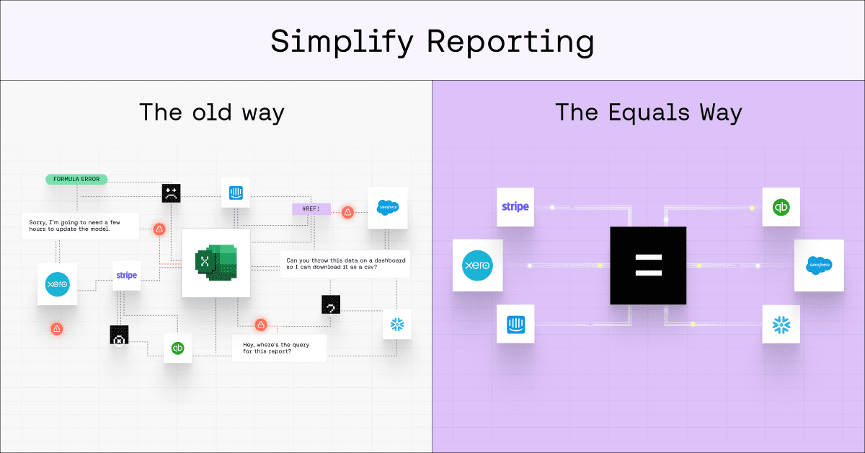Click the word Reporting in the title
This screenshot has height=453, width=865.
pos(510,42)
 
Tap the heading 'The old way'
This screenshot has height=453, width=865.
pos(211,113)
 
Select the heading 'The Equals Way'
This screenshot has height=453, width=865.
pos(648,113)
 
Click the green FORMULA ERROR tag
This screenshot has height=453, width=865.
pos(76,179)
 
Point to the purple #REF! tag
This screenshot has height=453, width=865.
pos(311,209)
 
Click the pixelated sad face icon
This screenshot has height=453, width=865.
pos(170,193)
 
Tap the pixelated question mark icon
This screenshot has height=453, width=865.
pos(331,305)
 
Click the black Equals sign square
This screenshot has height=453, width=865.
pos(649,265)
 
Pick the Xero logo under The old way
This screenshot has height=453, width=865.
pos(57,284)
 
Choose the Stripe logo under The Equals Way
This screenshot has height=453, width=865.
pos(515,207)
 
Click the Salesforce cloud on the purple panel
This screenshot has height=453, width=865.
pos(818,265)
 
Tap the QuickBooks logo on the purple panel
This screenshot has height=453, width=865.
pos(781,207)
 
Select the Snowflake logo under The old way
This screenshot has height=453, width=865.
pos(397,325)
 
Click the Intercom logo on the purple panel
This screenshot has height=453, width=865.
pos(515,324)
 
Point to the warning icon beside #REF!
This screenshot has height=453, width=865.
pos(347,212)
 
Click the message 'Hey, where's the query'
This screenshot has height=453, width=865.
pos(278,348)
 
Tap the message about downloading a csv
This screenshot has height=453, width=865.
pos(345,264)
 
